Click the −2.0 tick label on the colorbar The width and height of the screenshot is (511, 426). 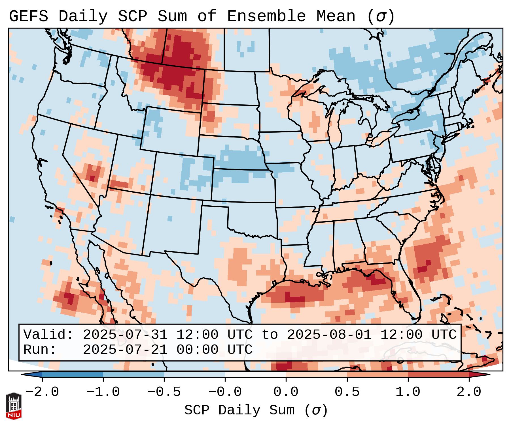(42, 392)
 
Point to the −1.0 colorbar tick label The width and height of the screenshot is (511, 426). (103, 392)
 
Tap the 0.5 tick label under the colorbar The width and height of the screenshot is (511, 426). (347, 392)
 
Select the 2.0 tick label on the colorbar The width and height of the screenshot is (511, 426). (469, 392)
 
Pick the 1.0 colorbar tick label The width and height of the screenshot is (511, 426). (408, 392)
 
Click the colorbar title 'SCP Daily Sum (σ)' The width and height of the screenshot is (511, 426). (256, 410)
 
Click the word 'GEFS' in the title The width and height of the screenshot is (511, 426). (29, 16)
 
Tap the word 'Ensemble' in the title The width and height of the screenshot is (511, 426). (266, 16)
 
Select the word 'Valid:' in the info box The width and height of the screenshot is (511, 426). (48, 335)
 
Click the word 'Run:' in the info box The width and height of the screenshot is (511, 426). (40, 350)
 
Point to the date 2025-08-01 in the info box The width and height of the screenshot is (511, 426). (329, 335)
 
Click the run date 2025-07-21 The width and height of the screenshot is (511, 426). (125, 350)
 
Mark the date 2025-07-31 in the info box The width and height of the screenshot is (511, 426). (125, 335)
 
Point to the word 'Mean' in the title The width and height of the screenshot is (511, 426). (336, 16)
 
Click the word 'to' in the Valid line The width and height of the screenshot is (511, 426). (270, 335)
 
